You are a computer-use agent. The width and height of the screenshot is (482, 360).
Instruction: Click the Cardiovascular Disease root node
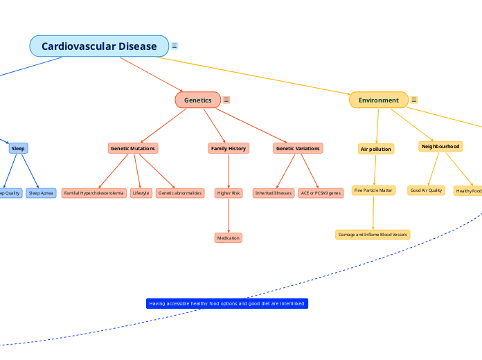99,46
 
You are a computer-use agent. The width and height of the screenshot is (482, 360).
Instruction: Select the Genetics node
198,100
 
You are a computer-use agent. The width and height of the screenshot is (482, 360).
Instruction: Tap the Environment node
378,100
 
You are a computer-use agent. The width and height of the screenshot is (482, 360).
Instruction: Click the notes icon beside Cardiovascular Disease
175,46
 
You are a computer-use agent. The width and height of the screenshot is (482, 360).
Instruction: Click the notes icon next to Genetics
226,100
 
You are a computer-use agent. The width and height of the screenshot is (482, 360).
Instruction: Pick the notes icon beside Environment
414,100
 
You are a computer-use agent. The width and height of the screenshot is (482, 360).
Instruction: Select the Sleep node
18,148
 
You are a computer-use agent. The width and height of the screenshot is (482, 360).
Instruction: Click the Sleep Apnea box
41,193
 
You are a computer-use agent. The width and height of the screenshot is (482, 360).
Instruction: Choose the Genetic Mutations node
133,148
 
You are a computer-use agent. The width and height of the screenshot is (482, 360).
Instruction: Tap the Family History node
229,148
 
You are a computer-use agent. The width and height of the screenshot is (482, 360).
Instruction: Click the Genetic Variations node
298,148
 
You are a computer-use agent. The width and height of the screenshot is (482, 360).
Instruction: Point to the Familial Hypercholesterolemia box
94,193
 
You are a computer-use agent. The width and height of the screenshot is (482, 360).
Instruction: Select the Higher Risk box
229,193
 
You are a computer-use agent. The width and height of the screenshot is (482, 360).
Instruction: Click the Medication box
229,238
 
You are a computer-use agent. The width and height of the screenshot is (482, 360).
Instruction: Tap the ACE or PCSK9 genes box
321,193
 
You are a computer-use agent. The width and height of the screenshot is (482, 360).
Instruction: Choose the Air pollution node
376,149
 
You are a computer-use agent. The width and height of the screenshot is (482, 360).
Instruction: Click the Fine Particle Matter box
373,190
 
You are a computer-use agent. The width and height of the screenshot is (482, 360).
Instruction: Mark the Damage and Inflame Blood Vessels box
373,235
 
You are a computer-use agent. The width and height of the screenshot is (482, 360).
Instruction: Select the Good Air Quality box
426,190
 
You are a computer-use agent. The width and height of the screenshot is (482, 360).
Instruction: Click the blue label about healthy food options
226,304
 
